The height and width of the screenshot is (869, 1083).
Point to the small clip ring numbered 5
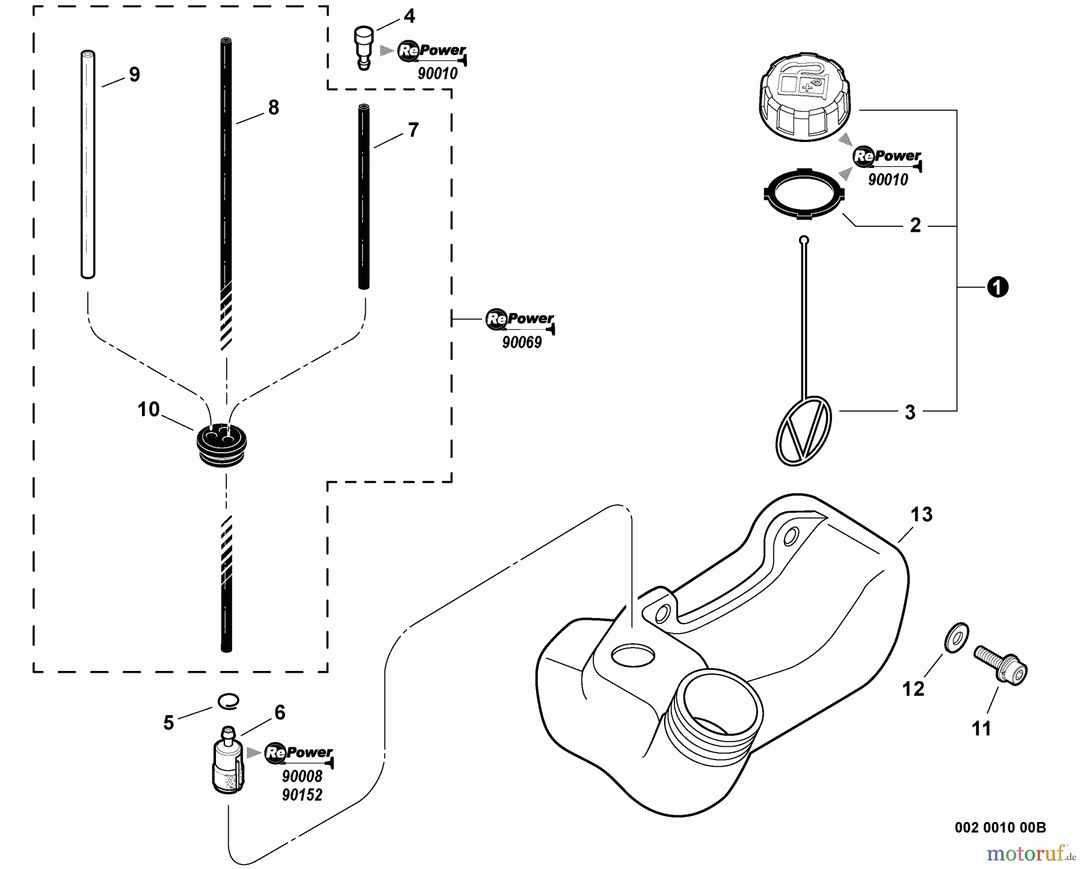pos(228,700)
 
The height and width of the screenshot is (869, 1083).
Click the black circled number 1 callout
pos(997,288)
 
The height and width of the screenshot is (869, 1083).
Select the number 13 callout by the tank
pos(921,515)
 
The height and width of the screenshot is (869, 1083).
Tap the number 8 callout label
pos(274,108)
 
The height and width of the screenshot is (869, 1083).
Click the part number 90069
pos(522,342)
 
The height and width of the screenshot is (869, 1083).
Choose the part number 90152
pos(302,795)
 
